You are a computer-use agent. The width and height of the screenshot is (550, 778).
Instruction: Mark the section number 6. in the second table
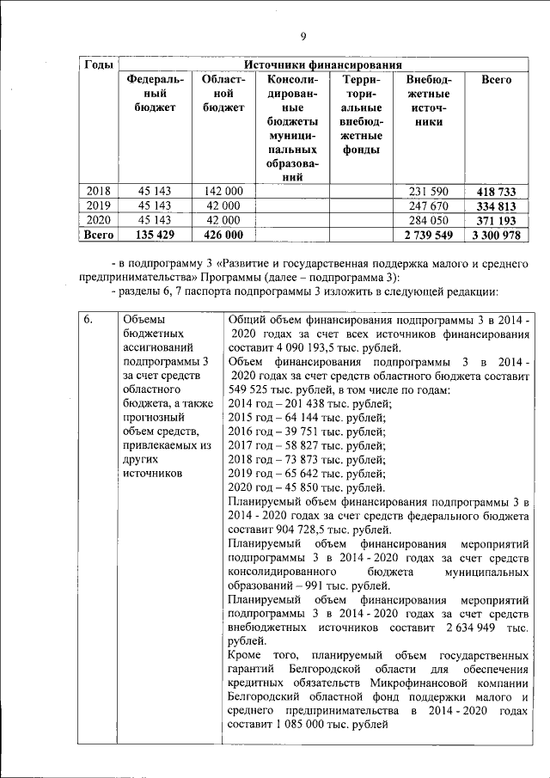click(89, 321)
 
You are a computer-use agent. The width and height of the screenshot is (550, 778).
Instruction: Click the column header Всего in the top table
click(497, 80)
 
